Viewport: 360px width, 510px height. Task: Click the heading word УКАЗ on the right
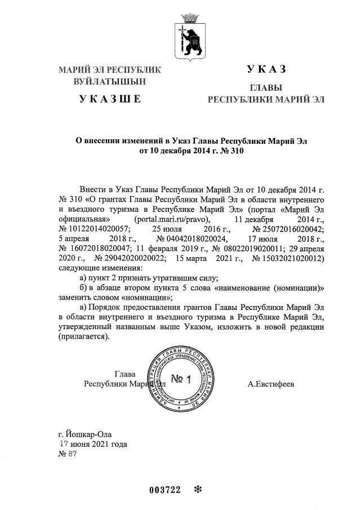pos(266,69)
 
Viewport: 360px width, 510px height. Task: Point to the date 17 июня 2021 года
pos(94,444)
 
